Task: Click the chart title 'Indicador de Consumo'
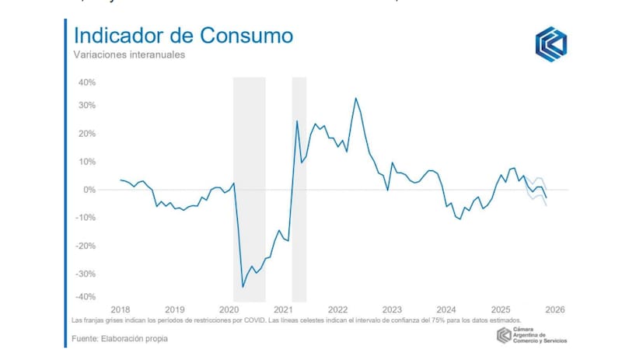coord(183,36)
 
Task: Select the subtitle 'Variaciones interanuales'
coord(129,56)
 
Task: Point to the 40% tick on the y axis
coord(86,82)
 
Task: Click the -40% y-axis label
coord(85,297)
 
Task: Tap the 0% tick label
coord(89,190)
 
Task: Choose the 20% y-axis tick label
coord(86,134)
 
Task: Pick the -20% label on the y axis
coord(85,245)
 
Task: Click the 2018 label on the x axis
coord(121,309)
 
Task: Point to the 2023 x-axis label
coord(392,309)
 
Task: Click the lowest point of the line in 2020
coord(243,287)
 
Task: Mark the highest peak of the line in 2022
coord(355,98)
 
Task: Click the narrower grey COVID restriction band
coord(299,190)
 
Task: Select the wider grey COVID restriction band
coord(249,190)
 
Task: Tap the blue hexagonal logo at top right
coord(551,44)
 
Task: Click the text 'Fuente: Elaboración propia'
coord(121,338)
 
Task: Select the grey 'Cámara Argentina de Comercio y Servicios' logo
coord(533,336)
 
